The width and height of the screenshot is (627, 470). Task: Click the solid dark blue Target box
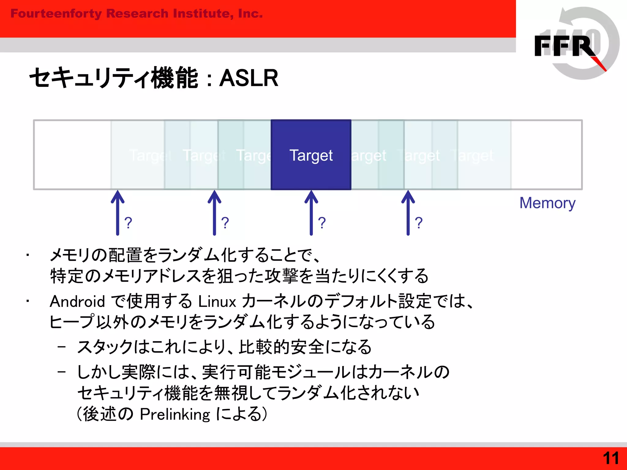311,155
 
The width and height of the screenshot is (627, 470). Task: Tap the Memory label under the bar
547,203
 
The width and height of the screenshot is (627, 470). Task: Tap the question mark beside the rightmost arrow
419,223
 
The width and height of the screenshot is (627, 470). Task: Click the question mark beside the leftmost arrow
128,223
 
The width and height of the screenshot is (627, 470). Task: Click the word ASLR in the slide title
249,78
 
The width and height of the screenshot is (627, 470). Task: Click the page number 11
610,458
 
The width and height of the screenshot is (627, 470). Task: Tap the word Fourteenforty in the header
56,14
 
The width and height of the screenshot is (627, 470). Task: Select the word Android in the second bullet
77,301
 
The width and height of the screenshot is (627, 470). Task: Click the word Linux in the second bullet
217,301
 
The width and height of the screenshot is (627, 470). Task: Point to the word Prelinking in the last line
175,414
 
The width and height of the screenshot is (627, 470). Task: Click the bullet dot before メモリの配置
28,255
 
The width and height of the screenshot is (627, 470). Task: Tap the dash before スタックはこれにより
62,347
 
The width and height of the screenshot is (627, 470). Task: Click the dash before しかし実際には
62,372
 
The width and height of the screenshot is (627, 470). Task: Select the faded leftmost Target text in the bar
150,155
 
